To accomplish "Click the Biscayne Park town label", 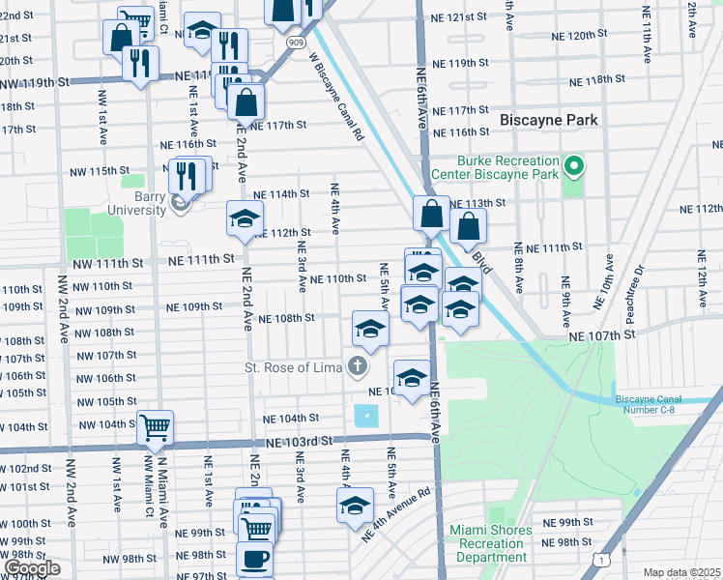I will (x=549, y=120).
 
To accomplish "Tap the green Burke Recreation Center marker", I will (x=573, y=167).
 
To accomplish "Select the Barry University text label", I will (x=137, y=202).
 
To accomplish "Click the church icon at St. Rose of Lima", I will (x=358, y=366).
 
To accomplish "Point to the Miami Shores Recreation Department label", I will (x=491, y=543).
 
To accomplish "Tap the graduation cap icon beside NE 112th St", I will (x=245, y=217).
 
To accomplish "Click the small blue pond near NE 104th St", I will (x=367, y=418).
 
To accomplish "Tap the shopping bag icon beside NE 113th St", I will (x=431, y=212).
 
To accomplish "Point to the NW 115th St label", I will (x=100, y=171).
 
